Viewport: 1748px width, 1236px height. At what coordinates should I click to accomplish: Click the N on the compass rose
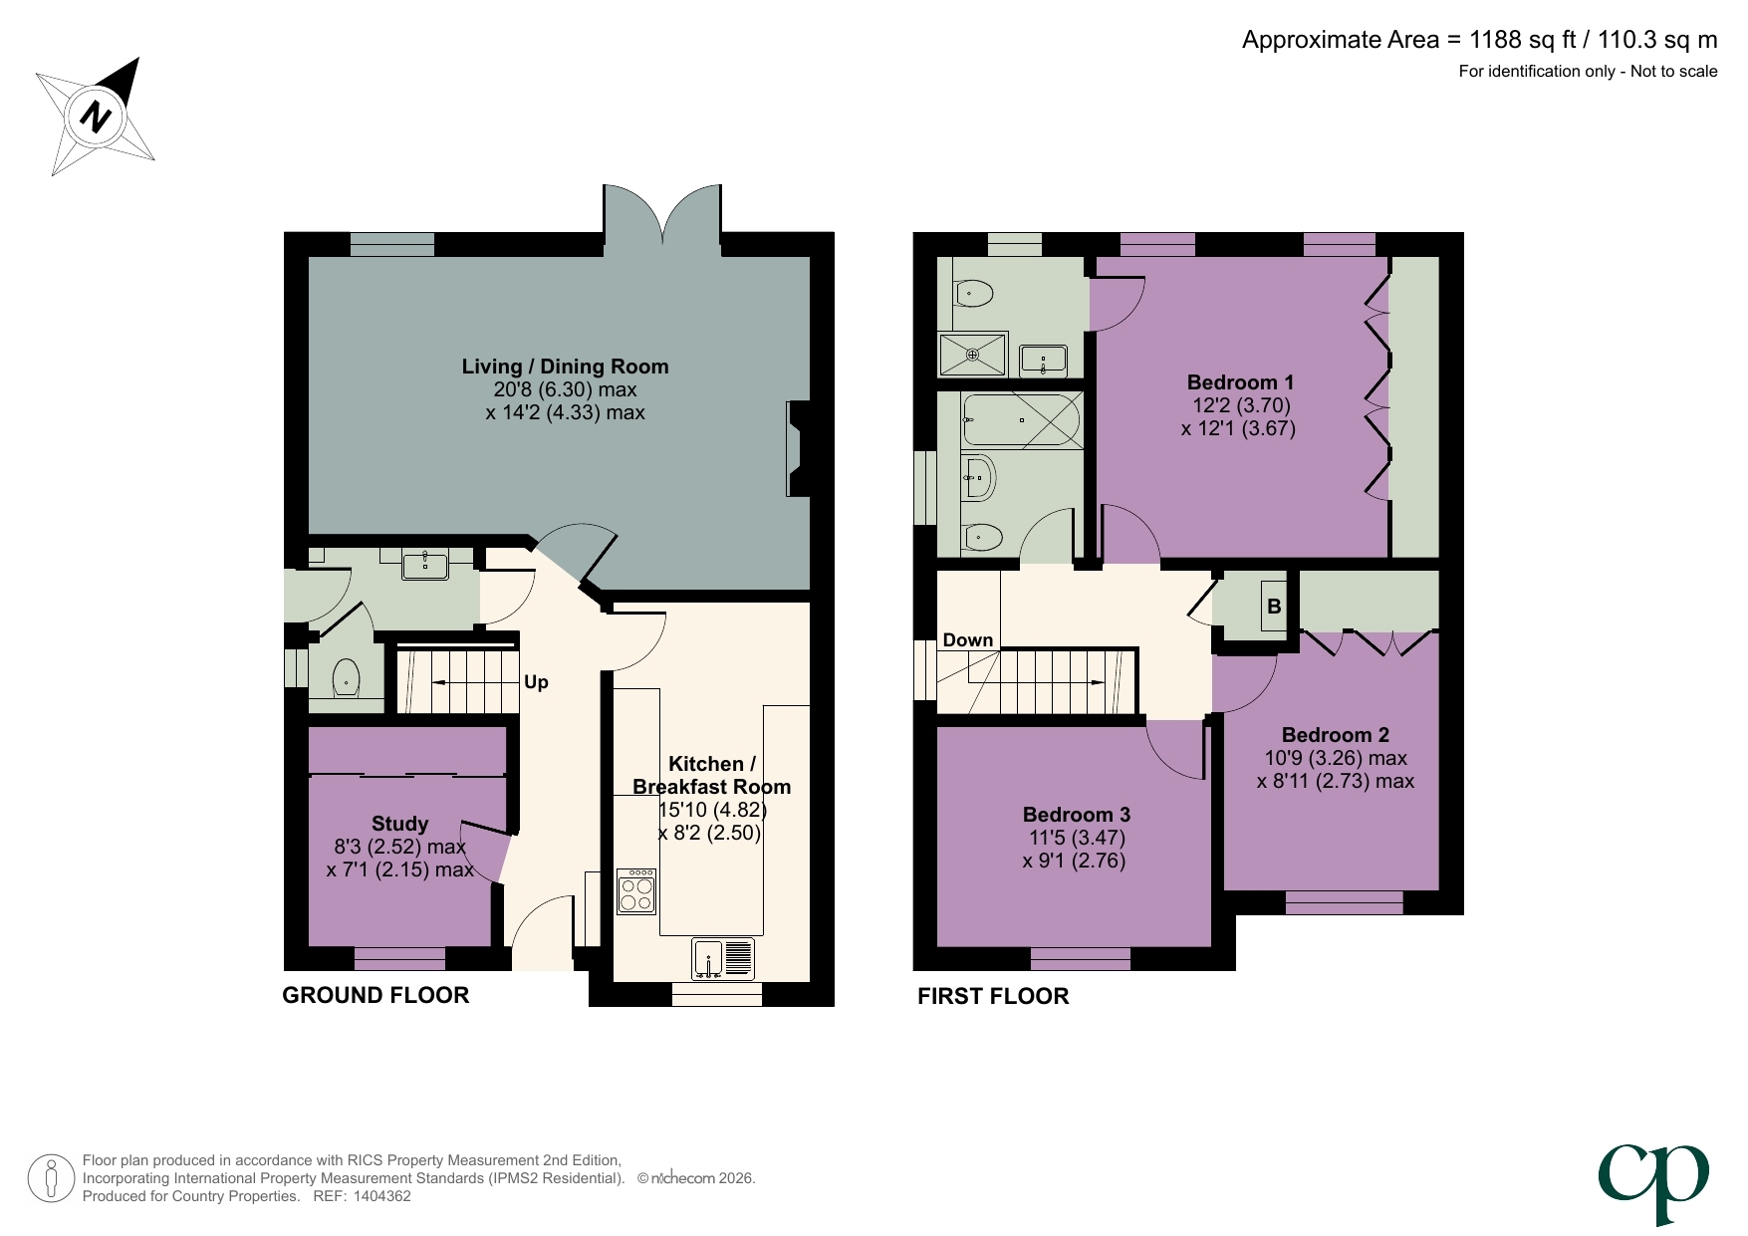tap(97, 117)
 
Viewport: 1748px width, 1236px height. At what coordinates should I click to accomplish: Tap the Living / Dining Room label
tap(565, 367)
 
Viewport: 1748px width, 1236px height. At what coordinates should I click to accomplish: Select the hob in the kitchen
tap(636, 891)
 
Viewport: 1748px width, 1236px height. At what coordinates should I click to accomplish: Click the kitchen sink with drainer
tap(723, 959)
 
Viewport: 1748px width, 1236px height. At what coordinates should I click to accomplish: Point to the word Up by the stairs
tap(536, 682)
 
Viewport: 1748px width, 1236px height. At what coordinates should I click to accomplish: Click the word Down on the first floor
tap(967, 640)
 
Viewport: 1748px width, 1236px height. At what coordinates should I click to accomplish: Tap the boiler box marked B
tap(1274, 607)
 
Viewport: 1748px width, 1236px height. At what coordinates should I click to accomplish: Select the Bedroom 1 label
tap(1240, 382)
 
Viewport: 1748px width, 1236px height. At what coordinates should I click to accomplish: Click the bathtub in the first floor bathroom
tap(1022, 420)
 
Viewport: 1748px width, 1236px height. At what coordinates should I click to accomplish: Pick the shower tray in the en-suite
tap(973, 355)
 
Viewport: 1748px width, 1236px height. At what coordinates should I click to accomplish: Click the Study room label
tap(399, 824)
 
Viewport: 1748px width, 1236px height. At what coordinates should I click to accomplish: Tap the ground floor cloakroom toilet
tap(345, 678)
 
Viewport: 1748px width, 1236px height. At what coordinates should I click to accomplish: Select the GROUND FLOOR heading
tap(375, 995)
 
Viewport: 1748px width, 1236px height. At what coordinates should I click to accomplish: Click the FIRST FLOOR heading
tap(993, 996)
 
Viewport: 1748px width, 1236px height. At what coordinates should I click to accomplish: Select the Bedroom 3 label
tap(1076, 815)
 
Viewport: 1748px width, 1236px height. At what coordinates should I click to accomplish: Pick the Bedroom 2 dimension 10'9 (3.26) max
tap(1335, 758)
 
